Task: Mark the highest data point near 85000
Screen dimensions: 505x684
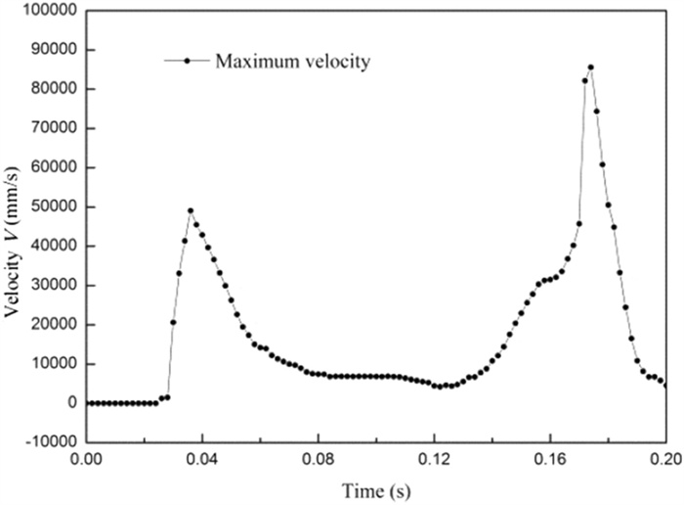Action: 590,68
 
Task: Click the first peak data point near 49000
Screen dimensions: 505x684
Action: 191,210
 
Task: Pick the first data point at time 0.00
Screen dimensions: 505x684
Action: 87,402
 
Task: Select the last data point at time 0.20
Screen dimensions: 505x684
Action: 665,385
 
